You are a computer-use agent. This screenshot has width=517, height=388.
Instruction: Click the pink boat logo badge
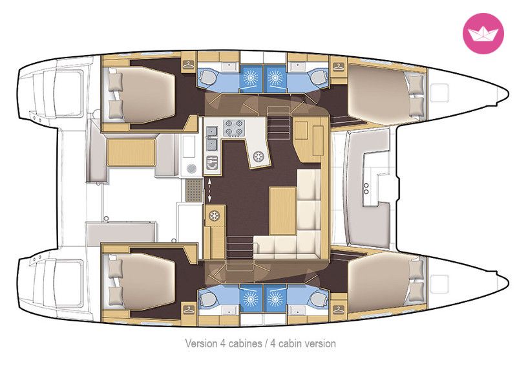coord(483,34)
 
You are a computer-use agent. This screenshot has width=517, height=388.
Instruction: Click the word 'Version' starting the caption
coord(202,343)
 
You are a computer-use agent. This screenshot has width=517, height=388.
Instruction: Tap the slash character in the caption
coord(266,343)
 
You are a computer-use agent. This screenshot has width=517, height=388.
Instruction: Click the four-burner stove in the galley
coord(234,128)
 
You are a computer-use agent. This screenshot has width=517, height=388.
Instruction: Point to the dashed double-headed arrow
coord(209,190)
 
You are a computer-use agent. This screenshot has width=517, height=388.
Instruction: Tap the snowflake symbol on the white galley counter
coord(259,156)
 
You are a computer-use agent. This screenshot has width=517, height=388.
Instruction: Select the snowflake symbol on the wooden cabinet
coord(215,216)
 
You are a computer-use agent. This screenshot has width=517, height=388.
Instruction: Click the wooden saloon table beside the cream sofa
coord(282,210)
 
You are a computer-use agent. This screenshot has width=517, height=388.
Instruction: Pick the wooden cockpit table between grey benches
coord(131,152)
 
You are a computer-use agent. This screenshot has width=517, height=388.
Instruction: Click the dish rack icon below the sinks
coord(212,163)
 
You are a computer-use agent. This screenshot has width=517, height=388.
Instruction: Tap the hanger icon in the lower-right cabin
coord(338,310)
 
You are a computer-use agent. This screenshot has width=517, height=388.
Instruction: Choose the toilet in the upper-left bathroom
coord(207,76)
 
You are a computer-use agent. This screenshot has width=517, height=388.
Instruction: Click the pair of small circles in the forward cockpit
coord(366,188)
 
